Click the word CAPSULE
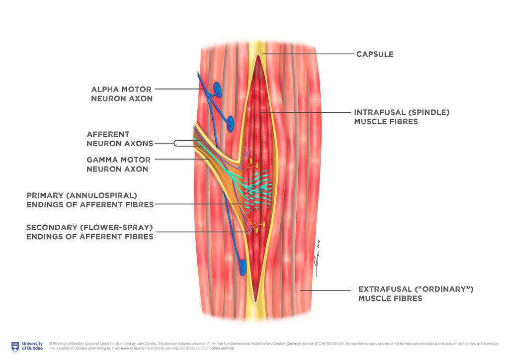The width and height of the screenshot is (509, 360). (375, 54)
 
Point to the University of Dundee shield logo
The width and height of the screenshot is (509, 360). (15, 346)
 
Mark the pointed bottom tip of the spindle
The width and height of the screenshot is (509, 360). (255, 300)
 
